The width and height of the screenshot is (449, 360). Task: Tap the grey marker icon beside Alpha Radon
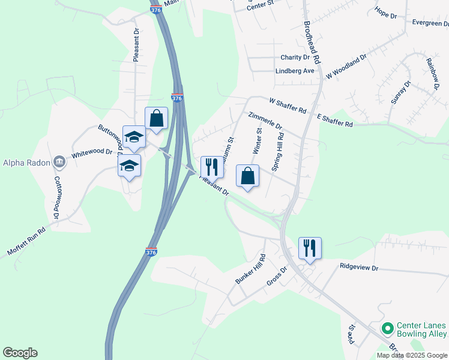[x=59, y=161]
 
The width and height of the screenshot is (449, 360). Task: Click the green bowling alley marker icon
[x=388, y=328]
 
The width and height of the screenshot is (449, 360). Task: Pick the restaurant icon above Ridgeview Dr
[x=310, y=247]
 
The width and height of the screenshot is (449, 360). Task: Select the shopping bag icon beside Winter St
[x=247, y=176]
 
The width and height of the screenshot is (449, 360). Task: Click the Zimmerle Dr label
[x=265, y=120]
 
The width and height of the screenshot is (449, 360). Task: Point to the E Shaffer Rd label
[x=334, y=119]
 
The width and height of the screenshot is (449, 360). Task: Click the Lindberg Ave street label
[x=295, y=71]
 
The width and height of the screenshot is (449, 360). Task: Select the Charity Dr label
[x=295, y=58]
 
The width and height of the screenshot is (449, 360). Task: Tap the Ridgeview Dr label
[x=359, y=266]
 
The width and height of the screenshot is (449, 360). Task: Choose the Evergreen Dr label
[x=430, y=23]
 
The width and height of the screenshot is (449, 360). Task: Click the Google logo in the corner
[x=20, y=353]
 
